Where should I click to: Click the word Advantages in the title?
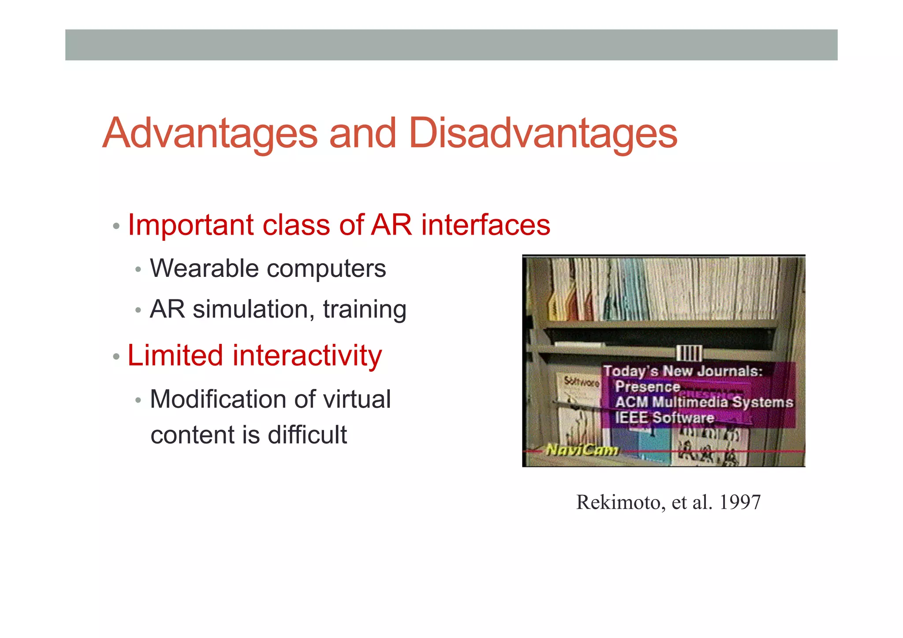pos(210,134)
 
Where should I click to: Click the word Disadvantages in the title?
pos(543,134)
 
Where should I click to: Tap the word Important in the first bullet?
pos(190,226)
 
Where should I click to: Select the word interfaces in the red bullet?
pos(485,225)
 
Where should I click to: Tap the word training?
pos(365,310)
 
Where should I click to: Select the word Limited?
pos(175,355)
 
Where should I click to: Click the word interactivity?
pos(307,356)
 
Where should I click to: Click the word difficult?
pos(307,435)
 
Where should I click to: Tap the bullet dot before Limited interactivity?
pos(116,356)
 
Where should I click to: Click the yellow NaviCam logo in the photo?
pos(582,450)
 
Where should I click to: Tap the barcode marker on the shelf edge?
pos(689,353)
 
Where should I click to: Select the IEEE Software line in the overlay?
pos(664,418)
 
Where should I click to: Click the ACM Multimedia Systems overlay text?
pos(704,402)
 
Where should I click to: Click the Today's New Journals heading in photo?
pos(683,371)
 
